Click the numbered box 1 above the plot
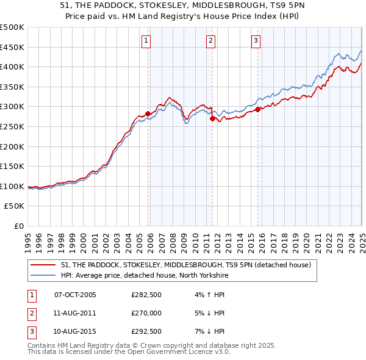(x=147, y=41)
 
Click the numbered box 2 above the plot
(x=210, y=41)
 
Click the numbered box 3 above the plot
(x=256, y=41)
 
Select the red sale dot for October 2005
(x=148, y=113)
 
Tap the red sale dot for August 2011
(x=213, y=119)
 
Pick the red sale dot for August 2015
(x=258, y=110)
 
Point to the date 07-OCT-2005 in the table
(x=75, y=295)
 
